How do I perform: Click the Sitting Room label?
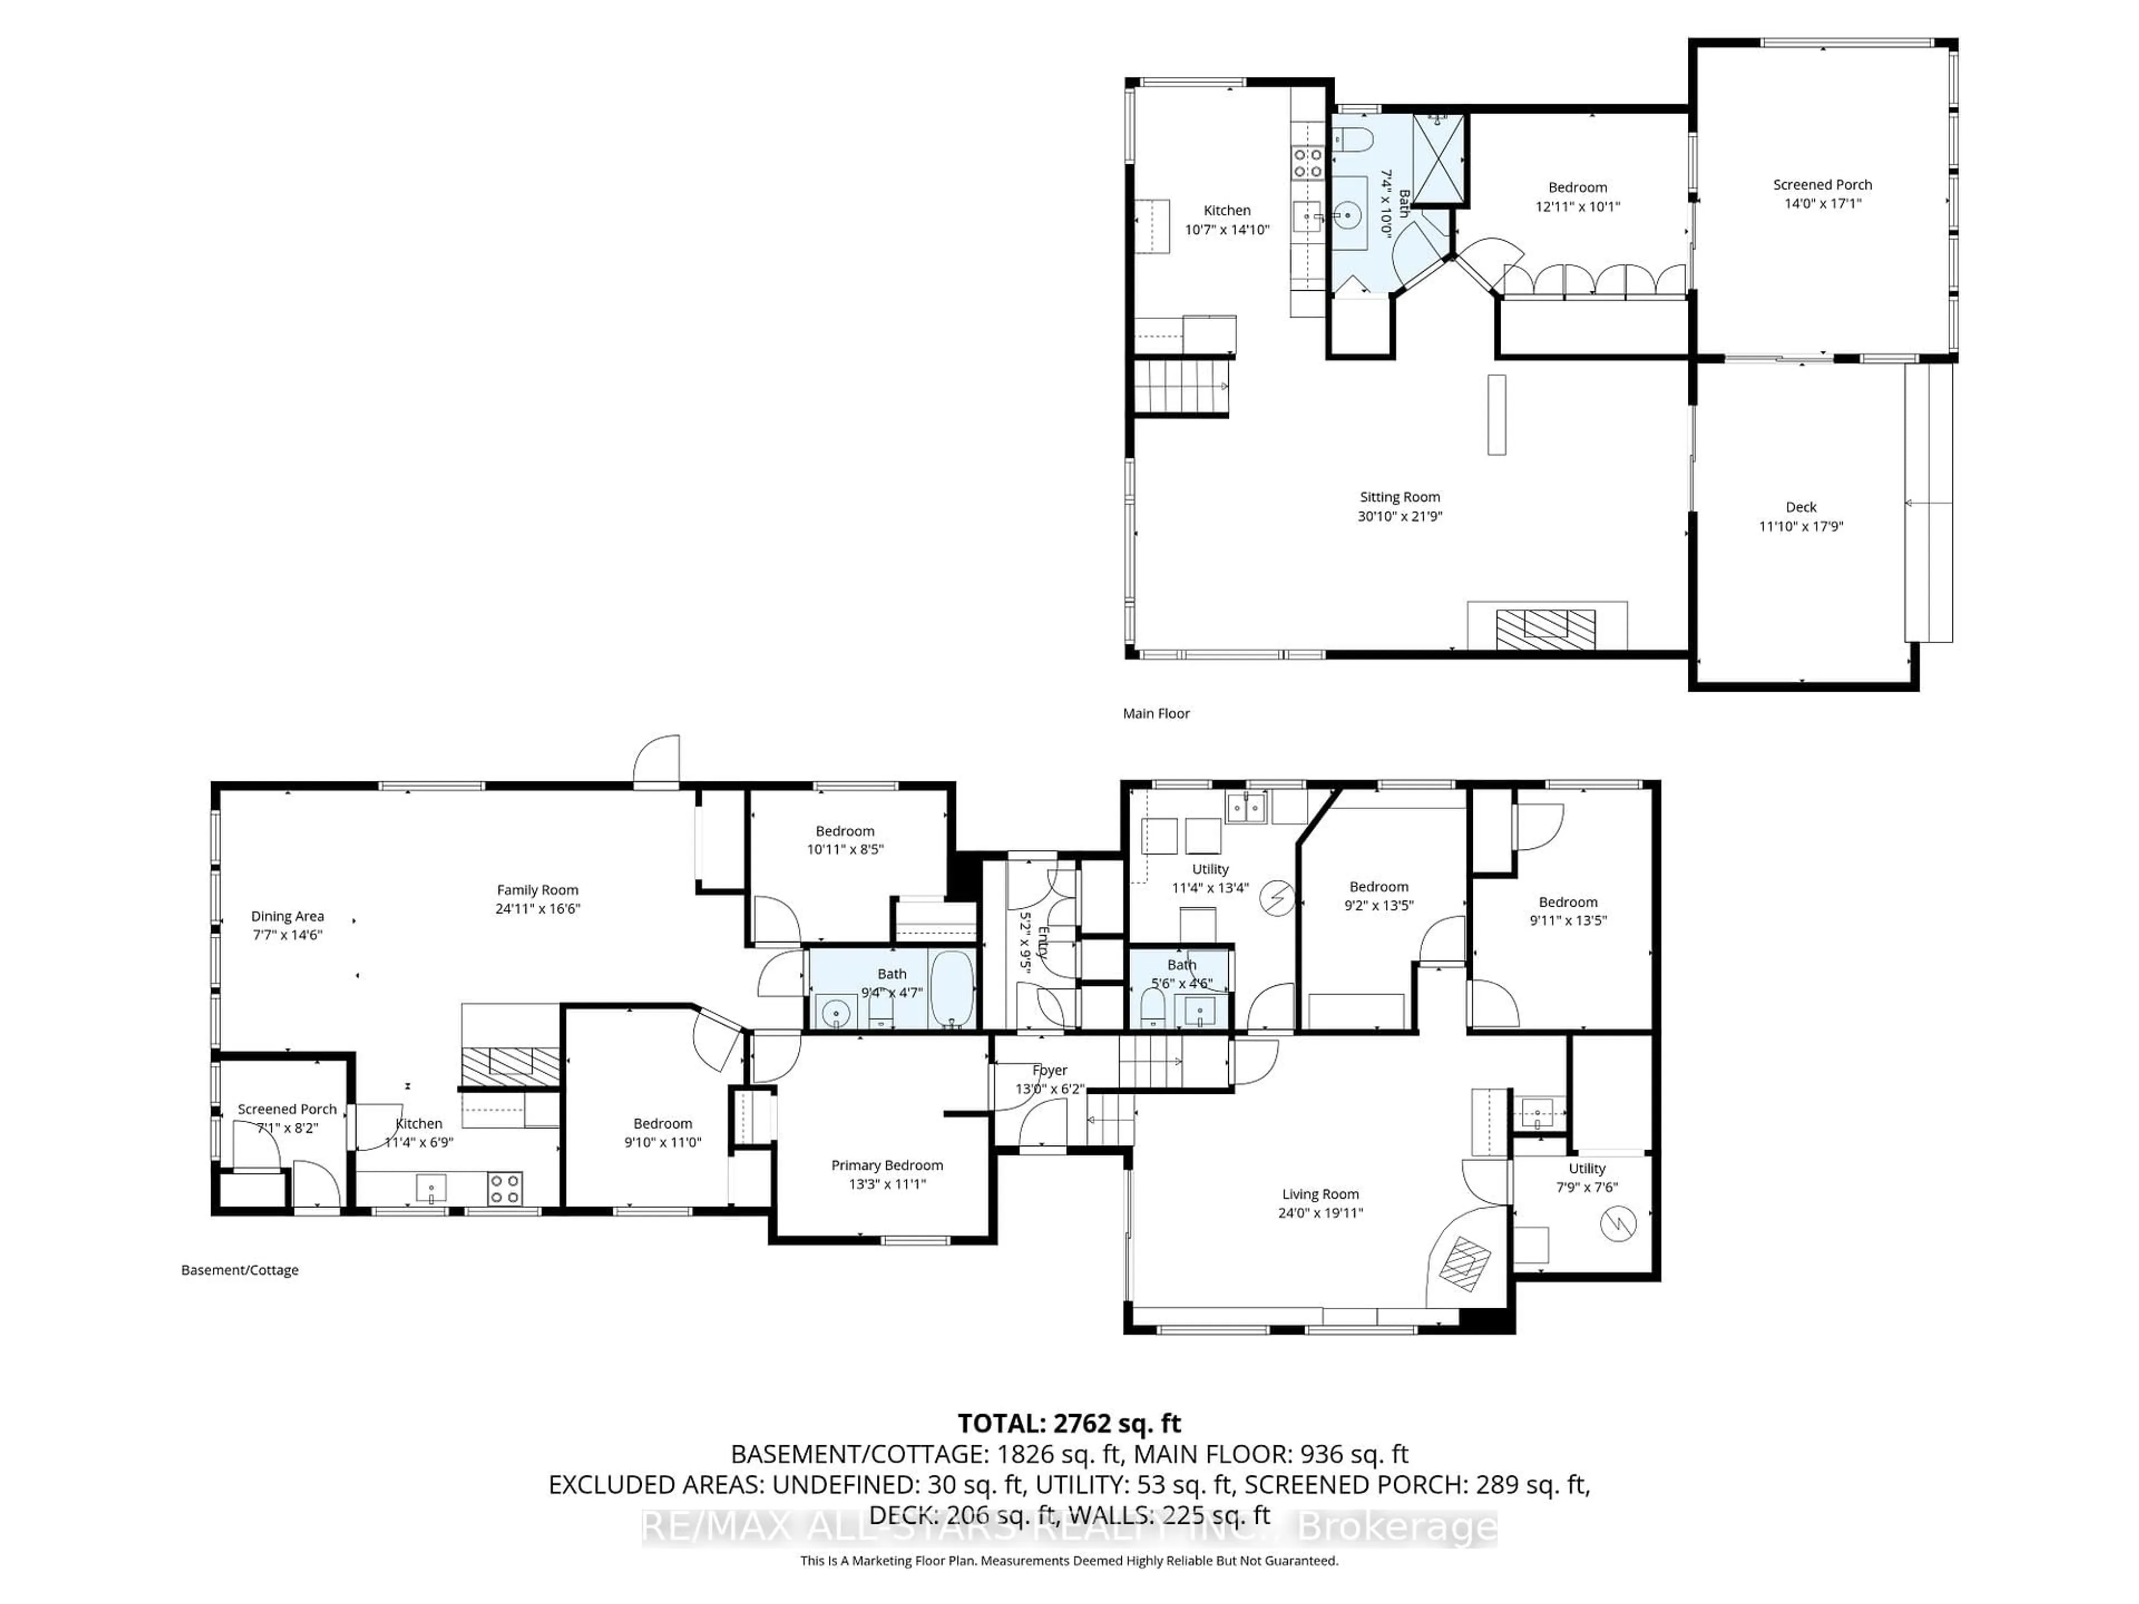click(x=1399, y=497)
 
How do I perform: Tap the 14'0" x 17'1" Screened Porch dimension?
click(x=1822, y=204)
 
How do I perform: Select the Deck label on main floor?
click(x=1800, y=507)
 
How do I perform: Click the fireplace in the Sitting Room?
click(x=1545, y=628)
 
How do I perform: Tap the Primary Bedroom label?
click(x=887, y=1165)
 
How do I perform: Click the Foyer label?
click(x=1049, y=1070)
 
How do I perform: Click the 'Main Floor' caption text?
click(x=1156, y=713)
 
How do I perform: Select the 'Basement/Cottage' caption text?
click(x=240, y=1270)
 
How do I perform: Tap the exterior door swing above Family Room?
click(x=657, y=759)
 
